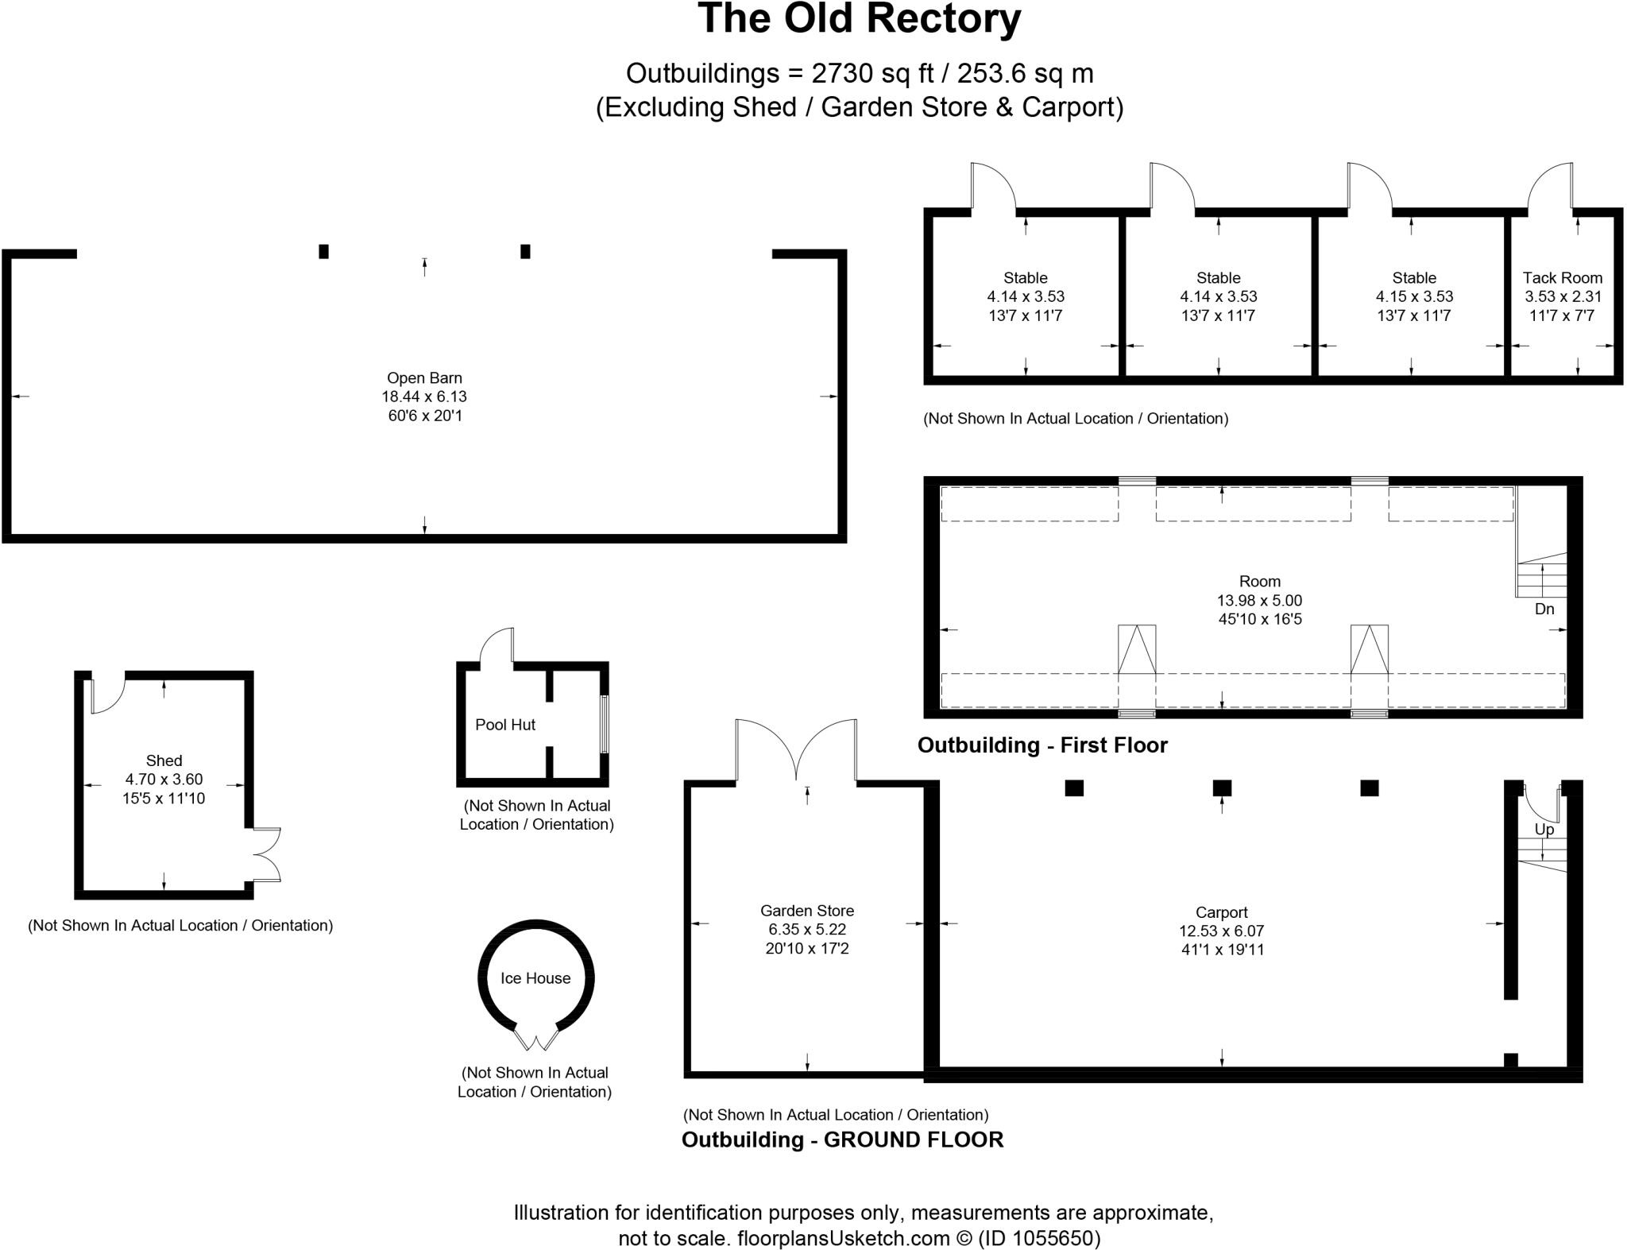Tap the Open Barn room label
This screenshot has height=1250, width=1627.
[x=424, y=378]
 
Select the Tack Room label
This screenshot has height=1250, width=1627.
[x=1562, y=278]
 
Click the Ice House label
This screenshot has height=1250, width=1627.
[x=535, y=978]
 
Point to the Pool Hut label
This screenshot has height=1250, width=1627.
[x=505, y=725]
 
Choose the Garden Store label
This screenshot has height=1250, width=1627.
[x=807, y=911]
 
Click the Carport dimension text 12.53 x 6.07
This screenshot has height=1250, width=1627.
[x=1222, y=931]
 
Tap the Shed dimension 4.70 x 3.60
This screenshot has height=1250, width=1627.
[x=164, y=780]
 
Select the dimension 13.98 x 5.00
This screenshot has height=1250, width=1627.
[x=1260, y=601]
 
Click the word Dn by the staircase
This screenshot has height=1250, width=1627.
[x=1544, y=610]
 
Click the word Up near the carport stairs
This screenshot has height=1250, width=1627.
[x=1544, y=830]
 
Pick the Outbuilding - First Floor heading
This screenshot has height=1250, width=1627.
[x=1042, y=745]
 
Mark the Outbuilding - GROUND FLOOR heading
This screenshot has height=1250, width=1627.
[x=843, y=1140]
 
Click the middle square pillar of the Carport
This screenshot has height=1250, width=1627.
[x=1222, y=788]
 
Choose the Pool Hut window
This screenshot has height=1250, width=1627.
[x=605, y=724]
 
